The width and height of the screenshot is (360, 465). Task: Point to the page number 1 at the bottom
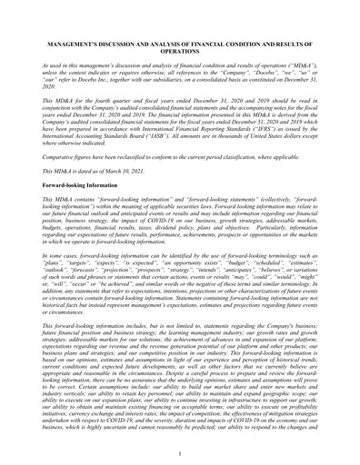pos(180,450)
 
